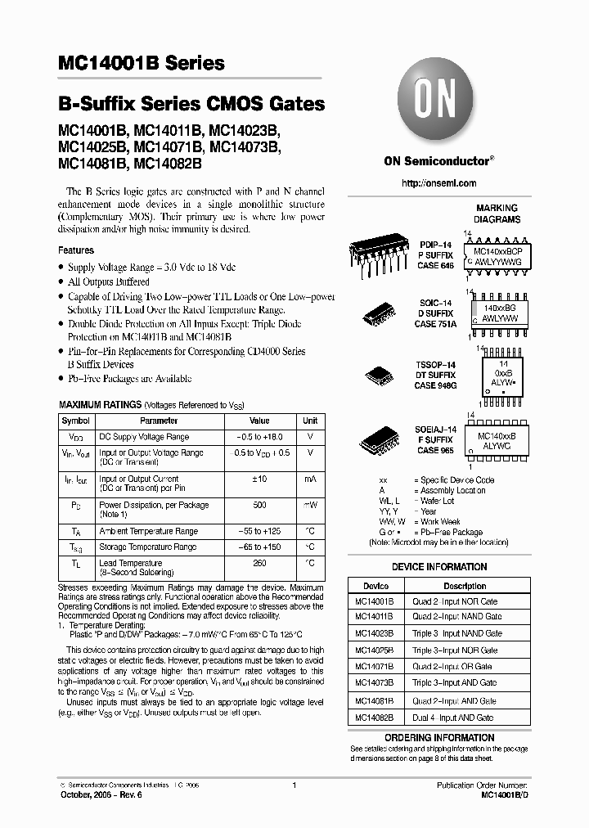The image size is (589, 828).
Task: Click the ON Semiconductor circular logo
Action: pyautogui.click(x=438, y=101)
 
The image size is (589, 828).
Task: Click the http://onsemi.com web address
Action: pyautogui.click(x=438, y=183)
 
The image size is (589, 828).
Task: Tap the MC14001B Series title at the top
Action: pyautogui.click(x=141, y=64)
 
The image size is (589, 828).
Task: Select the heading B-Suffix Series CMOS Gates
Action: pyautogui.click(x=191, y=105)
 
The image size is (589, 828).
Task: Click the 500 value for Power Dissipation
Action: pyautogui.click(x=259, y=505)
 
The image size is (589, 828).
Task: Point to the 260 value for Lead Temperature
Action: pyautogui.click(x=259, y=563)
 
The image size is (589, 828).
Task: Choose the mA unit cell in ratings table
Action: pyautogui.click(x=310, y=479)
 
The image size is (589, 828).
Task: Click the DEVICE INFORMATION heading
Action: pyautogui.click(x=439, y=567)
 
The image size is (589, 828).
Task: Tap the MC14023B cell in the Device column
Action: pyautogui.click(x=375, y=633)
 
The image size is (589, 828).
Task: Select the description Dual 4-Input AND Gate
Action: pyautogui.click(x=452, y=718)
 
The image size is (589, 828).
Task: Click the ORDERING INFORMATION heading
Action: pyautogui.click(x=439, y=737)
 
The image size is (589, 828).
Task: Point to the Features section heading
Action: pyautogui.click(x=76, y=250)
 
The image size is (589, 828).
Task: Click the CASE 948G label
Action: pyautogui.click(x=435, y=385)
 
